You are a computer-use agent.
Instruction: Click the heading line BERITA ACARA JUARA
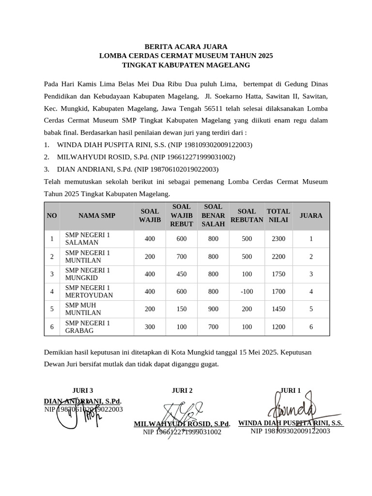point(186,47)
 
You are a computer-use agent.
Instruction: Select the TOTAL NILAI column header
point(279,216)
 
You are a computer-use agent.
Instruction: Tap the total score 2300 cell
point(279,239)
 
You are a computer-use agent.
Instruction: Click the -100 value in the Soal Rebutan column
point(247,292)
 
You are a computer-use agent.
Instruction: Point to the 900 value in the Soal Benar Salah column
point(213,309)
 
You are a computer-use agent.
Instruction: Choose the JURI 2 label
point(182,390)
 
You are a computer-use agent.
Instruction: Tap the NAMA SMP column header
point(97,216)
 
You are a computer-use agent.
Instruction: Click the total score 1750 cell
point(279,274)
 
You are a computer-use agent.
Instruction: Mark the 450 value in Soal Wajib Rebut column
point(182,274)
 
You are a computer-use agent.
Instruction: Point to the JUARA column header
point(311,216)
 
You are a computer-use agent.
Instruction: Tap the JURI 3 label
point(82,390)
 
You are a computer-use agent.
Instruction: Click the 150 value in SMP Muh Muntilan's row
point(182,309)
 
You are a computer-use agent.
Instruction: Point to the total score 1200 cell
point(279,327)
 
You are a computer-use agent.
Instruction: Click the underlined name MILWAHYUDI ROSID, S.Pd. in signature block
point(182,424)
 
